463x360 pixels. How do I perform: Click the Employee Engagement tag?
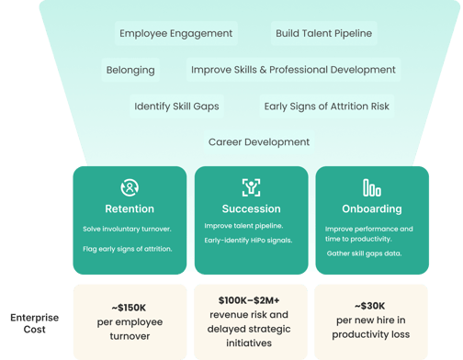(x=176, y=33)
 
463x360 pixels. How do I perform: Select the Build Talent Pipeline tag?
(x=324, y=33)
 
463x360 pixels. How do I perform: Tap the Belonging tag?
(x=130, y=70)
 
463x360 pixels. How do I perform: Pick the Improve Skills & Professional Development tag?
(x=293, y=70)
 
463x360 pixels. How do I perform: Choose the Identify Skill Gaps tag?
(x=176, y=107)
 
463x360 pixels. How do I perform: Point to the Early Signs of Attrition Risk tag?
(x=327, y=107)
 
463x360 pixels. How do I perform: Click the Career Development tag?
(x=259, y=142)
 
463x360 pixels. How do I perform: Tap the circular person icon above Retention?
(x=130, y=187)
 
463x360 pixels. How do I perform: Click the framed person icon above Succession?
(x=251, y=187)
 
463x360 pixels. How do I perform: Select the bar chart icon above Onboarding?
(x=372, y=187)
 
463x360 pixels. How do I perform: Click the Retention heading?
(x=130, y=208)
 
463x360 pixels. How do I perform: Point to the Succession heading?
(x=251, y=208)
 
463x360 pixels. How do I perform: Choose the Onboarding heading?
(x=372, y=208)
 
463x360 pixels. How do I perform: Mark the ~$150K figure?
(x=130, y=308)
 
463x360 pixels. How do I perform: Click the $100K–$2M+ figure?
(x=249, y=300)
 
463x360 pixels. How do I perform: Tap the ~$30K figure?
(x=370, y=306)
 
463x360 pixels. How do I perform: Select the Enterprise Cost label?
(x=34, y=323)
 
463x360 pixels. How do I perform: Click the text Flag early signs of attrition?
(x=128, y=249)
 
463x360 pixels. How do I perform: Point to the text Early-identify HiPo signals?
(x=248, y=241)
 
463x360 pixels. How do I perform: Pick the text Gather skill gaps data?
(x=364, y=253)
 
